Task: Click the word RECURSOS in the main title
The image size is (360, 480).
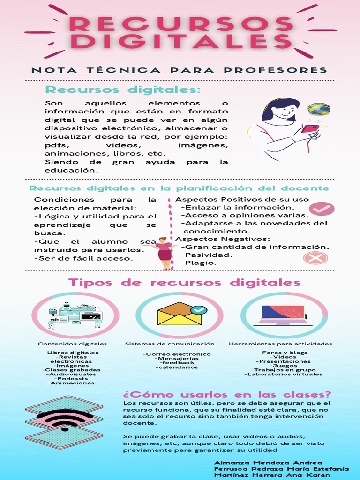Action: click(180, 23)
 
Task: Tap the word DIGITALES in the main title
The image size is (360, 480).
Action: click(180, 41)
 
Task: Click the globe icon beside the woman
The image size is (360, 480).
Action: click(319, 109)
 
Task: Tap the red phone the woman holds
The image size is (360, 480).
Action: click(309, 128)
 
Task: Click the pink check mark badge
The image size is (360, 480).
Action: click(322, 209)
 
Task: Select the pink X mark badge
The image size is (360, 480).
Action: click(315, 257)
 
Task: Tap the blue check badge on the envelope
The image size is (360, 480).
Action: click(200, 310)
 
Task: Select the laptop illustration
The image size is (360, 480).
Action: click(283, 315)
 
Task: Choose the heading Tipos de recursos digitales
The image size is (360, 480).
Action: click(184, 283)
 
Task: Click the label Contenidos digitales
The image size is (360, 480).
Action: click(73, 344)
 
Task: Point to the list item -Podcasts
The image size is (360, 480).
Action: click(71, 378)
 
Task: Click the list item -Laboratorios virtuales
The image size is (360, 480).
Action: click(283, 374)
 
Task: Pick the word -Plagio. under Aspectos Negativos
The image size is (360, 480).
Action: click(199, 263)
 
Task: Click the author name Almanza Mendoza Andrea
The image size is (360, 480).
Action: click(268, 463)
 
